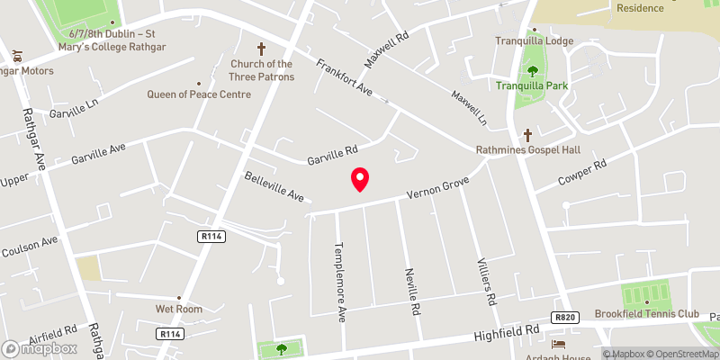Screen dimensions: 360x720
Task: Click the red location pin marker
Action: point(360,179)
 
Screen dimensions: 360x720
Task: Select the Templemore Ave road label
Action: point(341,269)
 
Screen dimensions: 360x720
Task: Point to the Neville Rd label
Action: point(413,291)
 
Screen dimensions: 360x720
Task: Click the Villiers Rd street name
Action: point(487,281)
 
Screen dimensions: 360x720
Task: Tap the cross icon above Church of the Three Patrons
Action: point(262,48)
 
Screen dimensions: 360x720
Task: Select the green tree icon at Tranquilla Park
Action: point(532,70)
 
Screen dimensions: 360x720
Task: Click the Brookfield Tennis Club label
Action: point(646,314)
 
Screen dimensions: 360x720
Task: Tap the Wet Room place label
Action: point(177,309)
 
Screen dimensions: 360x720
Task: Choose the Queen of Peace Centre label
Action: point(199,94)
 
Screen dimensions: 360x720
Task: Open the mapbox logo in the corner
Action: point(40,348)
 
